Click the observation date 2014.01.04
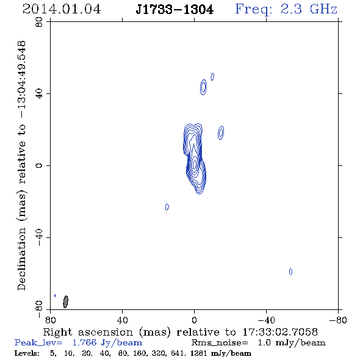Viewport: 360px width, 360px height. pos(62,9)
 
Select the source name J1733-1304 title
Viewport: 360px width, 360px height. pos(175,9)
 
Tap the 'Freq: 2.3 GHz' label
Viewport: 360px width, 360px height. pos(286,9)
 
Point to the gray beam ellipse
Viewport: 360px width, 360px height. pos(66,301)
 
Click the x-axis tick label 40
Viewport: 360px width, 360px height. pos(122,320)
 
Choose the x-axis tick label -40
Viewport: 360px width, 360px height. pos(266,320)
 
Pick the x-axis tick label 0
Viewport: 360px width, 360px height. pos(194,320)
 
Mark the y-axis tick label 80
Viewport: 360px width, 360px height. pos(39,22)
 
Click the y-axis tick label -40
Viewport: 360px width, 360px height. pos(39,237)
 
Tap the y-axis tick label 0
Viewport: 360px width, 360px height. pos(39,165)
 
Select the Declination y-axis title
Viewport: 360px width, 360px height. pos(21,166)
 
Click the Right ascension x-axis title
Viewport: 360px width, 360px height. pos(180,332)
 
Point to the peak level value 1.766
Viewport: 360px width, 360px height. pos(84,342)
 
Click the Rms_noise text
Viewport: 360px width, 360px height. pos(220,342)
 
